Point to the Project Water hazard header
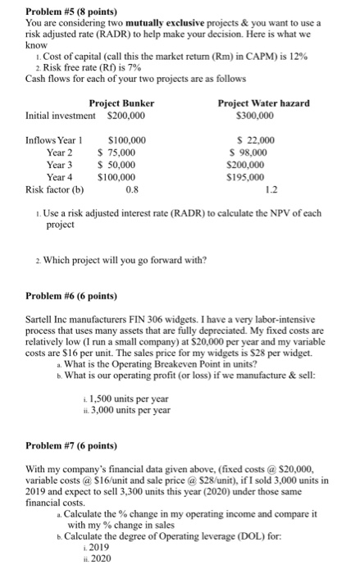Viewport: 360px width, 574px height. (x=263, y=102)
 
